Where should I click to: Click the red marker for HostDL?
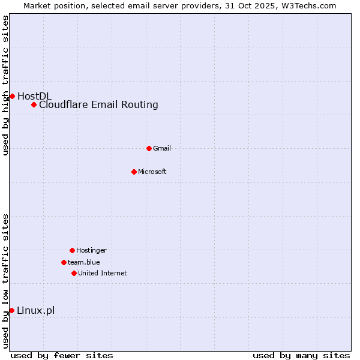pos(12,96)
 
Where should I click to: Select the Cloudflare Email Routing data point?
pos(34,105)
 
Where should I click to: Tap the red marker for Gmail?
pos(149,148)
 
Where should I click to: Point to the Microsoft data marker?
pos(134,172)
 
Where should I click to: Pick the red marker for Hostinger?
pos(72,250)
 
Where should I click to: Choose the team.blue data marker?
pos(64,262)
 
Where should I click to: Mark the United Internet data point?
pos(74,273)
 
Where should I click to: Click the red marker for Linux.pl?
pos(11,310)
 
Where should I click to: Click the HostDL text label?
pos(34,96)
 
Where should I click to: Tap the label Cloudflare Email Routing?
pos(98,105)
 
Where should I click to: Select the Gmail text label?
pos(162,148)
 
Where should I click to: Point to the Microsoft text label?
pos(152,172)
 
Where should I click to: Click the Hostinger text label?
pos(91,250)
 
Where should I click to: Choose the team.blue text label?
pos(84,262)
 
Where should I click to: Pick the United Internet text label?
pos(103,273)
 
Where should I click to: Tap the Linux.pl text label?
pos(35,310)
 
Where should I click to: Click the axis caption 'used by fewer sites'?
pos(62,355)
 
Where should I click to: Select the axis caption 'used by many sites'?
pos(301,355)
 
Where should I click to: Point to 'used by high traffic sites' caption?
pos(6,85)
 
